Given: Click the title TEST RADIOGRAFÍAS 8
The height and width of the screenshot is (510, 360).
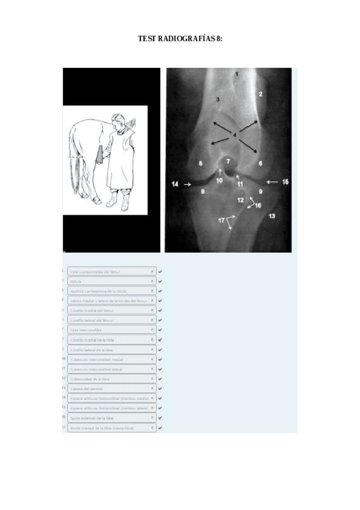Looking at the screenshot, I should click(x=180, y=38).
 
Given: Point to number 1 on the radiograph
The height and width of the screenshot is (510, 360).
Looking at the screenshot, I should click(x=237, y=74).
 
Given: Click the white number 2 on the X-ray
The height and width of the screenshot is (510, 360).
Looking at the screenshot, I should click(x=260, y=94).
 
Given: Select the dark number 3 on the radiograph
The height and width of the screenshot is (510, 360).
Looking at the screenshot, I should click(x=218, y=99).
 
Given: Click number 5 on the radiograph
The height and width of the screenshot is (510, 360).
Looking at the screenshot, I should click(x=201, y=163).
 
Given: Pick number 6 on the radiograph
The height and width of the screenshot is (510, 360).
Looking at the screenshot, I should click(x=261, y=163).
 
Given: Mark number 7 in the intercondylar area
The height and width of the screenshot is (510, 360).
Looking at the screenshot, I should click(x=228, y=162).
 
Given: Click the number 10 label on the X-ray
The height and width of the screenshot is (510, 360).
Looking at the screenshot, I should click(x=219, y=180).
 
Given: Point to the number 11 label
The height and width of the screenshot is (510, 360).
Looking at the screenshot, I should click(x=239, y=183).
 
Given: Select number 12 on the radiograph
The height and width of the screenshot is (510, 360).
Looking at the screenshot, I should click(x=240, y=199).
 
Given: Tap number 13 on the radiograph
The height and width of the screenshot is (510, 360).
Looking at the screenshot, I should click(x=272, y=215).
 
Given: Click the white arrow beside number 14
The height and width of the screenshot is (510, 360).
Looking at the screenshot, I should click(x=188, y=184).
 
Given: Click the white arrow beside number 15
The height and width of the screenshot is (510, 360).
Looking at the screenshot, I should click(x=270, y=181).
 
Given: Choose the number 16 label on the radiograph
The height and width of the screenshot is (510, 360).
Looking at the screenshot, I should click(x=258, y=205).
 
